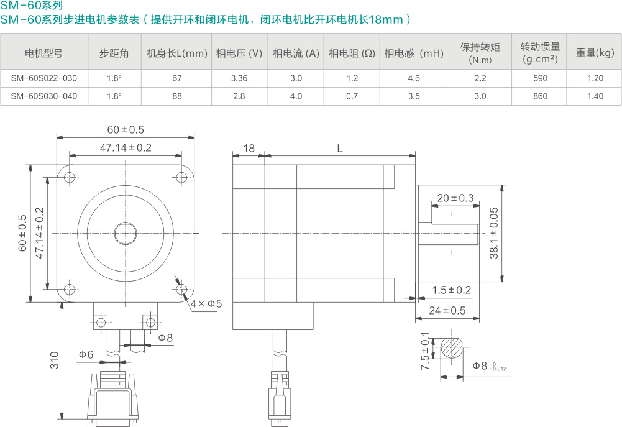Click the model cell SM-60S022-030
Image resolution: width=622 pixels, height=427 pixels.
click(44, 78)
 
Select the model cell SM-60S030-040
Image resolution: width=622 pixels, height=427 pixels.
click(44, 96)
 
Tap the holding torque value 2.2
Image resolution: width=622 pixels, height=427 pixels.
click(480, 78)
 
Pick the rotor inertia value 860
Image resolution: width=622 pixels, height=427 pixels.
click(540, 96)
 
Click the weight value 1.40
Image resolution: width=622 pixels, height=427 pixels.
click(595, 96)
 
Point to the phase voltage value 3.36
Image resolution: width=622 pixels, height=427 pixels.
click(239, 78)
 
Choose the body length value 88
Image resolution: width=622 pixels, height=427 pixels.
click(177, 96)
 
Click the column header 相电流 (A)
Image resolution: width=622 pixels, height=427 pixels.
click(296, 53)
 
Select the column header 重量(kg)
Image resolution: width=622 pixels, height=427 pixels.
click(595, 53)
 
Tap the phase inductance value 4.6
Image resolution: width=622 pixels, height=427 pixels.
click(414, 78)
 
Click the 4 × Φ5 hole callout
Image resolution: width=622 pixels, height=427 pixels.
click(206, 304)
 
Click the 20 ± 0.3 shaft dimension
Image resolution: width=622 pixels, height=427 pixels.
click(455, 198)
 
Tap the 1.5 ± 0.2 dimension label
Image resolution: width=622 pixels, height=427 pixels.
click(452, 290)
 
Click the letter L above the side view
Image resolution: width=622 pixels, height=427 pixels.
click(339, 149)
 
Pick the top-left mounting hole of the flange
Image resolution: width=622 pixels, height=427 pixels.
click(69, 178)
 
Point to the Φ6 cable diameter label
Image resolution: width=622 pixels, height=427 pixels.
click(86, 354)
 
